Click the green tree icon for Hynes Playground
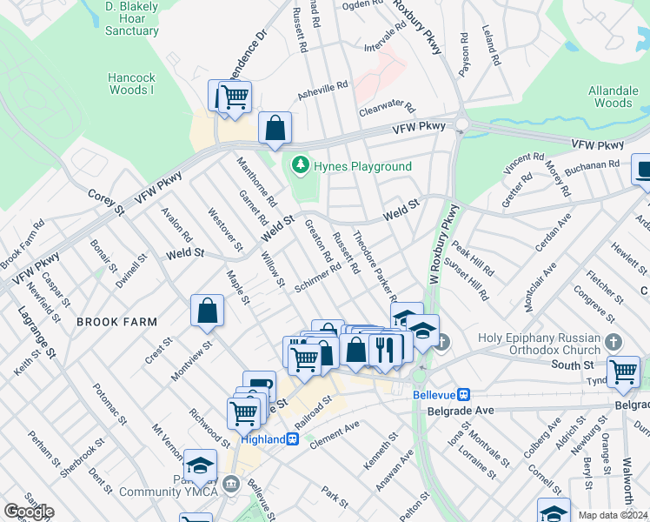pos(301,164)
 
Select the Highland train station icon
pos(294,439)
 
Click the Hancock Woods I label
pos(131,84)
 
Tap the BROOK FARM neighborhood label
pos(117,322)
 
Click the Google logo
pos(29,512)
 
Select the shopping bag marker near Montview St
pos(208,311)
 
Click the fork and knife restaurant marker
pos(383,349)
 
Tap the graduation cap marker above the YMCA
pos(200,467)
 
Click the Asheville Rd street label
pos(323,90)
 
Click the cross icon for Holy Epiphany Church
pos(614,342)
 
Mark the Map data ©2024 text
pos(613,515)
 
